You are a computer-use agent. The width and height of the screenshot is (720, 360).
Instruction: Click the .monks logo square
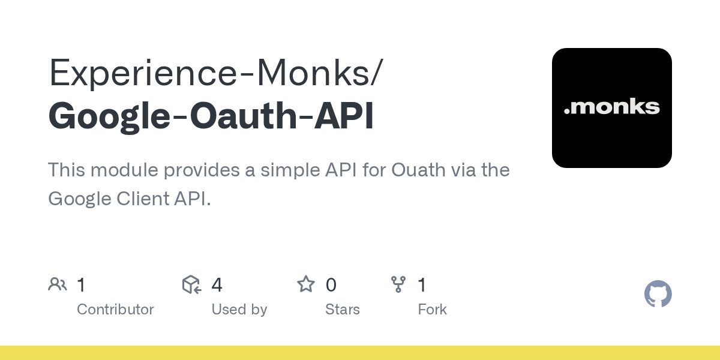[x=611, y=108]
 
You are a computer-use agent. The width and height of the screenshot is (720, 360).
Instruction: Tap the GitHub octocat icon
[x=658, y=294]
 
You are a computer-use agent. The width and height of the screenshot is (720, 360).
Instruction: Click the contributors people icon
[x=58, y=284]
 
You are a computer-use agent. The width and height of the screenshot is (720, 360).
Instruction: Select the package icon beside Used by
[x=191, y=284]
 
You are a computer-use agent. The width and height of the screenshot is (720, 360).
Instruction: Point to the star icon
[x=306, y=284]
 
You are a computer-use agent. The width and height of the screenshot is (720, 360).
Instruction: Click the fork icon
[x=398, y=284]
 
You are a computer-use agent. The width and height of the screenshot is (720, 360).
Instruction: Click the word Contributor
[x=115, y=310]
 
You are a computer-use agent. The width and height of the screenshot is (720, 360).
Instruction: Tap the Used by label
[x=239, y=310]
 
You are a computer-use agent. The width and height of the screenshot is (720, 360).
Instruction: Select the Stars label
[x=342, y=310]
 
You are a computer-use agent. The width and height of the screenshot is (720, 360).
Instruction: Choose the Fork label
[x=432, y=310]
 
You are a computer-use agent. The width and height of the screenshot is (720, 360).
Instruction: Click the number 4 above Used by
[x=217, y=285]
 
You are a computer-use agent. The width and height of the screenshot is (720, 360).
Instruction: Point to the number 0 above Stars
[x=331, y=285]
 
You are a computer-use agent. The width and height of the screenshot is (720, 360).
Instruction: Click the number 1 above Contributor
[x=81, y=285]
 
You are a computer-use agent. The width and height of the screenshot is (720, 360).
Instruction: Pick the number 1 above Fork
[x=422, y=285]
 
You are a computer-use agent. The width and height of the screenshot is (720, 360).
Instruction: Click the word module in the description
[x=127, y=170]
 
